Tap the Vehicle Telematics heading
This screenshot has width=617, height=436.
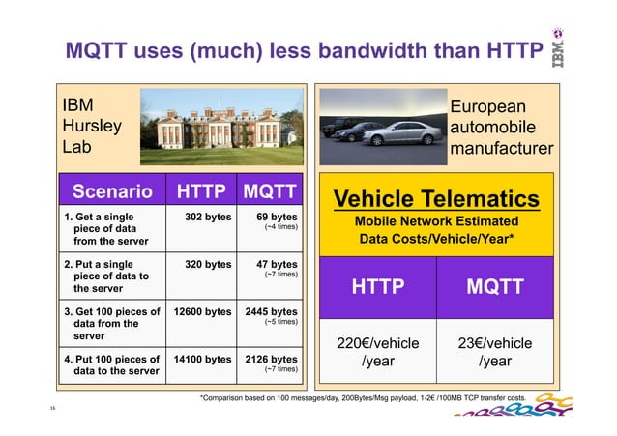pos(436,199)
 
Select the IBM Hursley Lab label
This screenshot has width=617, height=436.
pos(92,127)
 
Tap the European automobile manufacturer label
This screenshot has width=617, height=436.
pos(501,128)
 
